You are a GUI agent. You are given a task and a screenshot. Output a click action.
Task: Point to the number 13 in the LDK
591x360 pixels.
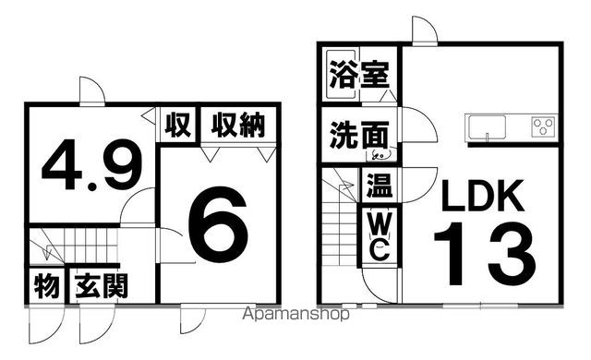pos(484,254)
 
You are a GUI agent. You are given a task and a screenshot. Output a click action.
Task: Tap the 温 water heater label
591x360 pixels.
pos(378,186)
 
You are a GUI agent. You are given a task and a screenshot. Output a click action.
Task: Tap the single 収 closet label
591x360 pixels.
pos(178,124)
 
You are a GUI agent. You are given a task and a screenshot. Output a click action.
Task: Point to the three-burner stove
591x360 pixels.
pos(543,126)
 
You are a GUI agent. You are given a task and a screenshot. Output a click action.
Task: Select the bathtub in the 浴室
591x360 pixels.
pos(342,72)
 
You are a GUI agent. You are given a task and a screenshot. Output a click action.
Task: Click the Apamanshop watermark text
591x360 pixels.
pos(295,314)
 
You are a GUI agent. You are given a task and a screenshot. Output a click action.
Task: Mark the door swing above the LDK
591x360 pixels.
pos(425,30)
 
